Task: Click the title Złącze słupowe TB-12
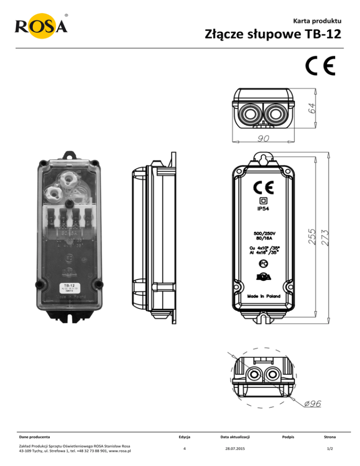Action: pos(272,35)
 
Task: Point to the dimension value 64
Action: pos(311,107)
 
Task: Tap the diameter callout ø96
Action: pos(312,404)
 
